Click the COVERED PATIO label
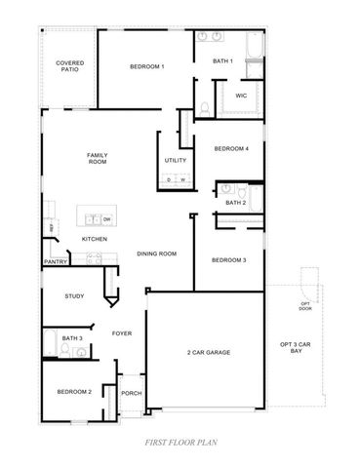click(x=68, y=65)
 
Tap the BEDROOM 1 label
click(x=147, y=66)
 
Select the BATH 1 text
click(x=223, y=61)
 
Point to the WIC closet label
click(x=240, y=97)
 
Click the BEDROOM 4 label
click(x=231, y=148)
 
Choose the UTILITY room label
click(x=176, y=159)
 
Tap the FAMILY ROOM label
click(x=97, y=158)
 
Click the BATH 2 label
click(x=235, y=202)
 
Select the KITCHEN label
click(x=95, y=239)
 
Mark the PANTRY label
click(x=56, y=261)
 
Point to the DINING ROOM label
click(x=156, y=253)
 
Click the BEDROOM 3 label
click(x=228, y=259)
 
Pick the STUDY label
click(x=74, y=295)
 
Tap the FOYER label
click(x=121, y=332)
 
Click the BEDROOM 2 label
click(x=73, y=391)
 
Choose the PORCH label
click(x=131, y=393)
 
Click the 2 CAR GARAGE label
click(x=208, y=352)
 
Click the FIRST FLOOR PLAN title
click(x=180, y=442)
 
